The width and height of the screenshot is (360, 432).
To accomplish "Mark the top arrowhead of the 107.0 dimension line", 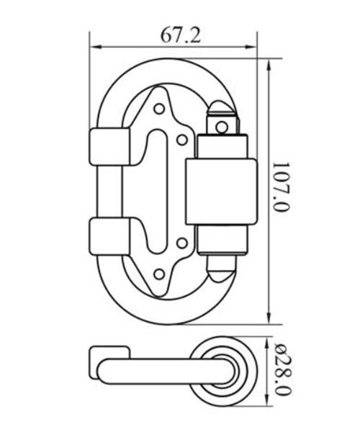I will tap(269, 63).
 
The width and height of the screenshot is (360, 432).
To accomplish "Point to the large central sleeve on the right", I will tap(220, 192).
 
